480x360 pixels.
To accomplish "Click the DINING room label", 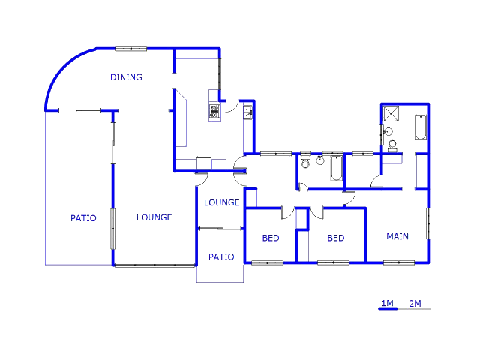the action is (126, 77).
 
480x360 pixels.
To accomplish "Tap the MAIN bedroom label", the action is (397, 236).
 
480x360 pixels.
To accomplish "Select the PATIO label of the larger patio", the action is (83, 218).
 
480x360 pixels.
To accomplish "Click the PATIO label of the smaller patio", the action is (221, 256).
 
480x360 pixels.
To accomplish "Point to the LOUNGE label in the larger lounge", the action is (154, 217).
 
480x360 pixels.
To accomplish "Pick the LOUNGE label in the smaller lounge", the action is (222, 202).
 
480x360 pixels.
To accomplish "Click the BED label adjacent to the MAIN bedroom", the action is (336, 238).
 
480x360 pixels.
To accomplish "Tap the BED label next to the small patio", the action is (271, 238).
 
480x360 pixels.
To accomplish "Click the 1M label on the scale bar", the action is (388, 303).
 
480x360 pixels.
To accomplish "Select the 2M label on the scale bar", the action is (415, 303).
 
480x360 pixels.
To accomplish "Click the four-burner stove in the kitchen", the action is (214, 112).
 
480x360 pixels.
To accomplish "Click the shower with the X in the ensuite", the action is (391, 114).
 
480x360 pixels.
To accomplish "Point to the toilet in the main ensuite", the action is (392, 145).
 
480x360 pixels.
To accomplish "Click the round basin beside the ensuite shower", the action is (388, 132).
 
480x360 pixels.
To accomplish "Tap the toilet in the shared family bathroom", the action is (305, 160).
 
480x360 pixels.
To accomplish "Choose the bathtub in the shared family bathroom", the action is (336, 169).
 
